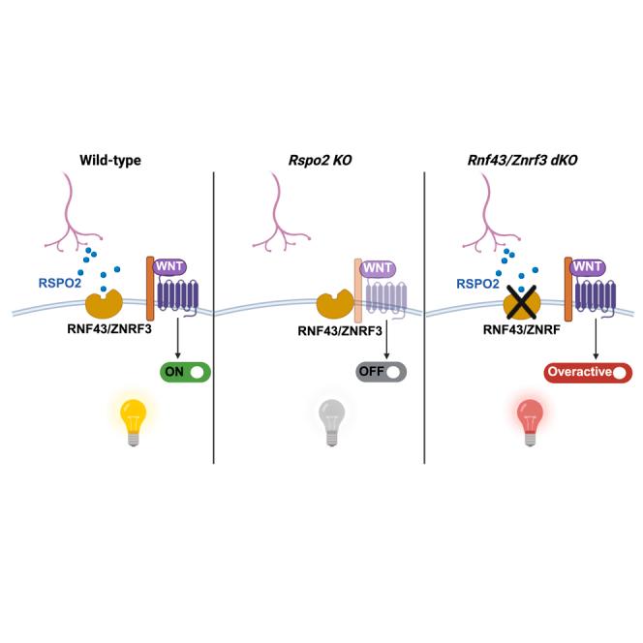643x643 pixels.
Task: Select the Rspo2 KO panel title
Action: pos(320,157)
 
